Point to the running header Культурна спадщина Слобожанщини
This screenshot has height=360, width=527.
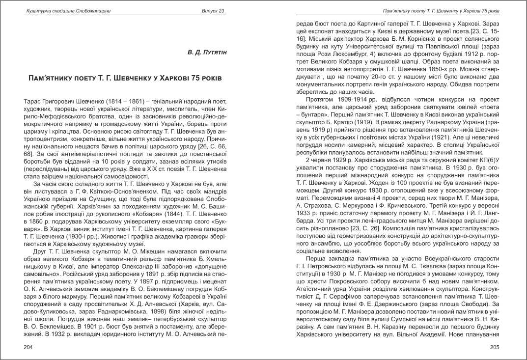pos(60,11)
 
